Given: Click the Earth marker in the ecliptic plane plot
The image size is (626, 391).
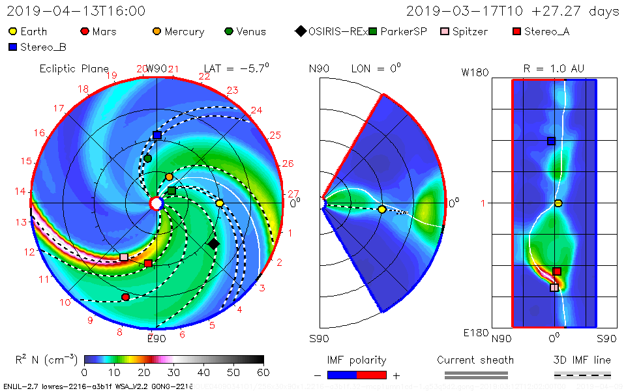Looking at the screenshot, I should pos(220,203).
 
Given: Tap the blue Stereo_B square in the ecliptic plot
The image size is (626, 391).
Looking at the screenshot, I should pos(157,135).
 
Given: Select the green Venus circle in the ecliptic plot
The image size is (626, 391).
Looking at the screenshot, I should pos(147,158).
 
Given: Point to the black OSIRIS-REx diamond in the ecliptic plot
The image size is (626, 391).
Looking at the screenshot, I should pos(213,244).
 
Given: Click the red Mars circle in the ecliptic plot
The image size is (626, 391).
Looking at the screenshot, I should pos(125,297).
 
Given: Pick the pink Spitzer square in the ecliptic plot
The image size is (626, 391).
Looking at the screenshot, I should pos(124,257).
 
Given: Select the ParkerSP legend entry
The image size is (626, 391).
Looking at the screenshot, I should pos(397,31).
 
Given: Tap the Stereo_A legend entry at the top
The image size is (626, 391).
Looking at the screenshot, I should pos(541,31).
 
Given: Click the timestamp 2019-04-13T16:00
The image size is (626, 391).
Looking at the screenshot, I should pos(76,11).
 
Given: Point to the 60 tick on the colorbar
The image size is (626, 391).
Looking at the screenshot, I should pos(263,372).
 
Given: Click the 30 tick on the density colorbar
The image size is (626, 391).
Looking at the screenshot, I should pos(173,372).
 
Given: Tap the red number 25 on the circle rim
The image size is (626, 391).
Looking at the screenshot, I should pos(275,136).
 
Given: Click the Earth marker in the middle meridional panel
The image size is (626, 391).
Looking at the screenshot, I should pos(381,209).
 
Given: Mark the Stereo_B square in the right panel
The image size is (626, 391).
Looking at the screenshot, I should pos(552,141).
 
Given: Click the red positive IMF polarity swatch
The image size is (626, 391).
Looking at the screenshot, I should pos(372,375).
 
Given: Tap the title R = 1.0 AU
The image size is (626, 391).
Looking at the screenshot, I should pos(554,68).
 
